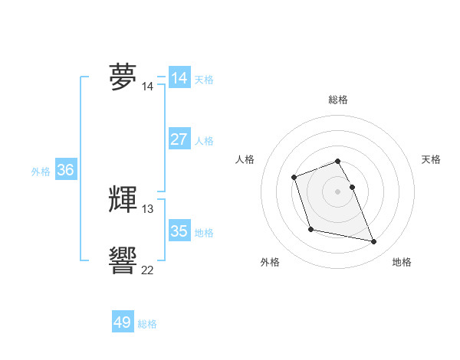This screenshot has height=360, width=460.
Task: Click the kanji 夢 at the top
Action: (x=123, y=77)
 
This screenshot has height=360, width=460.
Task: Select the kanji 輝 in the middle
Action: (x=123, y=199)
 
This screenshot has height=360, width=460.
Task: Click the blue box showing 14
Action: (x=179, y=78)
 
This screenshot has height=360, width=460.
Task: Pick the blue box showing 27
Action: (x=179, y=139)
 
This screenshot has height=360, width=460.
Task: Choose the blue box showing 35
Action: (x=179, y=231)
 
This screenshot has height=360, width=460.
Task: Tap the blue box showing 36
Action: (x=65, y=170)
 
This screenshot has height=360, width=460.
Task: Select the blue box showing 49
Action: (x=123, y=322)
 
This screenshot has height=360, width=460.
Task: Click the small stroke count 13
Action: (x=148, y=208)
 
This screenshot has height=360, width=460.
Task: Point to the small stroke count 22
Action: (x=148, y=270)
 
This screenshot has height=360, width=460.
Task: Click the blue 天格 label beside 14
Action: (x=204, y=80)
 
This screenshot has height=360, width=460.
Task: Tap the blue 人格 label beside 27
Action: (x=204, y=141)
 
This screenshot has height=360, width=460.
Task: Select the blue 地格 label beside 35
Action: (x=204, y=233)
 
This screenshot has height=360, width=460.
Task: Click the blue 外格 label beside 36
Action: (x=41, y=172)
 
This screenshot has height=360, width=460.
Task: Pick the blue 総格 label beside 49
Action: (x=147, y=324)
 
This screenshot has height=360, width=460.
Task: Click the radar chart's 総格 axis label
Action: (x=337, y=100)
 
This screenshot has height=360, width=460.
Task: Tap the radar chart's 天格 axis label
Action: (x=431, y=159)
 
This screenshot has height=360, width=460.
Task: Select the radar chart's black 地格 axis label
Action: (x=402, y=262)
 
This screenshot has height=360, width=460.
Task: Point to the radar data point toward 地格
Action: (x=374, y=242)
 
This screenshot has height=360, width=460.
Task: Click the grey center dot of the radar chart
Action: (x=337, y=191)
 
